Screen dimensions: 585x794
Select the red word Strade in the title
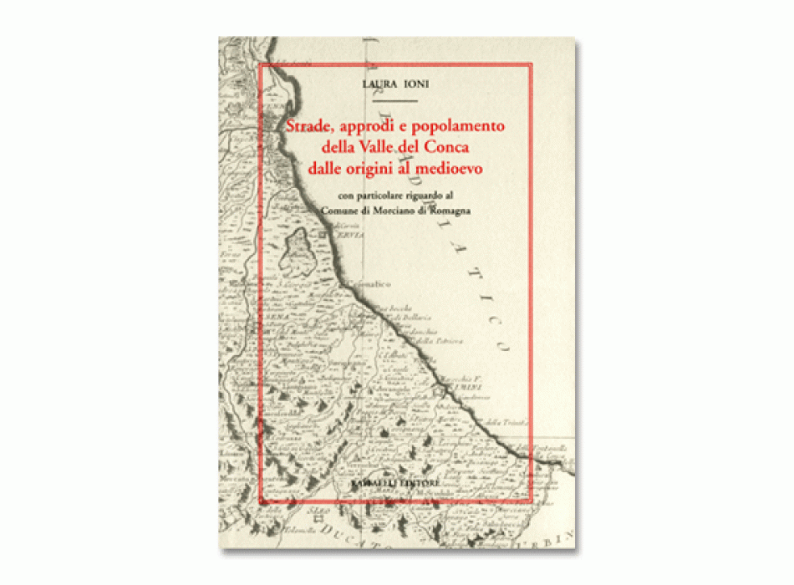click(310, 127)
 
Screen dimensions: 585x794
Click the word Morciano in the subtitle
click(403, 211)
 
